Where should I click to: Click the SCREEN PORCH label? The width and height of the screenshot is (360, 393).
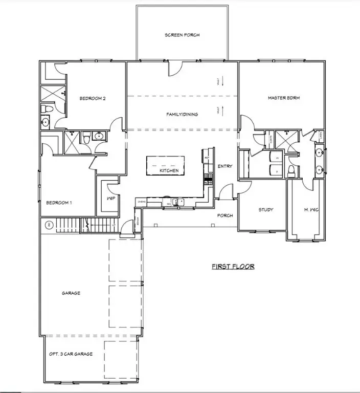(182, 35)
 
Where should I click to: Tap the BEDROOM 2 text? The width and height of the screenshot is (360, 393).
(92, 98)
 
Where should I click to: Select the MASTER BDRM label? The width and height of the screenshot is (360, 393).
(283, 98)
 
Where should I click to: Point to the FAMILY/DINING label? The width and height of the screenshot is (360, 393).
(182, 114)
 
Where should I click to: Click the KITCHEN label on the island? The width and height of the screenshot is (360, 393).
(169, 170)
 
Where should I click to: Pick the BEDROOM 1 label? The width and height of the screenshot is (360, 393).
(59, 203)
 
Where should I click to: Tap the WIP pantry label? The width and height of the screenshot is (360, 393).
(109, 198)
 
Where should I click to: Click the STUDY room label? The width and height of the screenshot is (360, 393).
(265, 209)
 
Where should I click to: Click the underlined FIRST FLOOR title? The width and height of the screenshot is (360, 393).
(233, 267)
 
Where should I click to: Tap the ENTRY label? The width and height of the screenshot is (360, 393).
(225, 166)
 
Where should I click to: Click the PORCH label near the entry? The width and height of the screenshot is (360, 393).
(225, 215)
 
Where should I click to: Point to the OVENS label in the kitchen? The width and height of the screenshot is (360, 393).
(142, 202)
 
